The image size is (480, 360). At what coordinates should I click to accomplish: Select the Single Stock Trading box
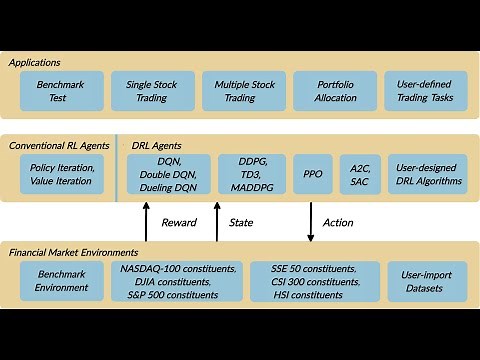[152, 91]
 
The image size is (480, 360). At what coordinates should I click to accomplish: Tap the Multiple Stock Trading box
[243, 91]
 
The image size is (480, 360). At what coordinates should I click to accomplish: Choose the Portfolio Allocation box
[333, 91]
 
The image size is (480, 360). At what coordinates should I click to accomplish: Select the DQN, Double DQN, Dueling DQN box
[169, 175]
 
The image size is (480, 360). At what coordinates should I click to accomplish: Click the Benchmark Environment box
[62, 281]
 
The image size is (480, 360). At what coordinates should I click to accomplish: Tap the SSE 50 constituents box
[313, 281]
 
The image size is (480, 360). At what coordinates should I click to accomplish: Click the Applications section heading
[35, 62]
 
